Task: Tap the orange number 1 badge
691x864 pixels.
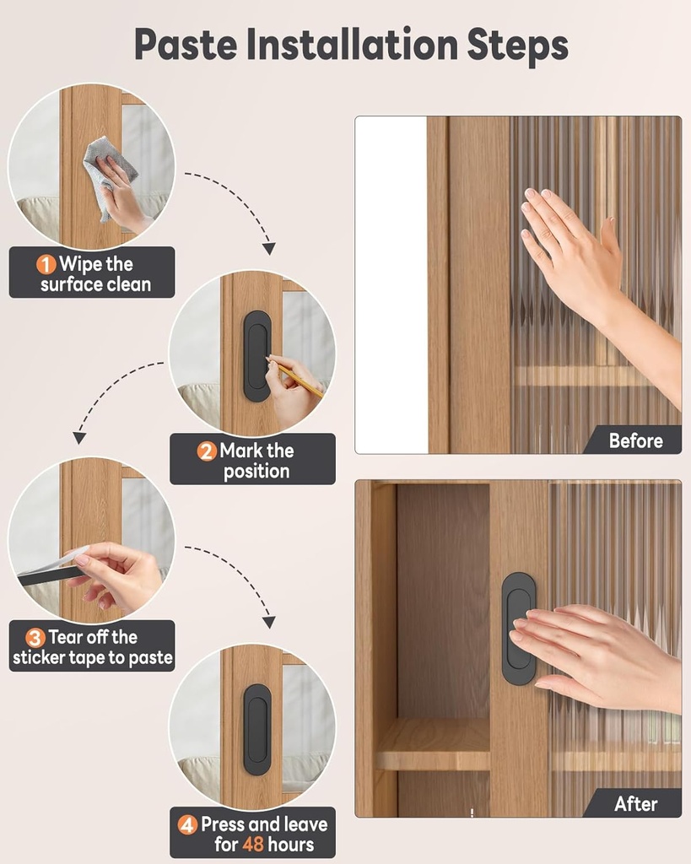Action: pos(46,264)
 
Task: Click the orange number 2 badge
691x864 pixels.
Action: pos(207,451)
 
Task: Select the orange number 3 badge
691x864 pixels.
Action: pos(35,638)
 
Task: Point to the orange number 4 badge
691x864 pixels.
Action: pos(187,824)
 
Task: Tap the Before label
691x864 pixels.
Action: pos(635,440)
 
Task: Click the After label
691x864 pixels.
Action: pos(635,804)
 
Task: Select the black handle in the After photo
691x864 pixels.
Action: pos(519,629)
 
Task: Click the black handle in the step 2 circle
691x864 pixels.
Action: pos(257,356)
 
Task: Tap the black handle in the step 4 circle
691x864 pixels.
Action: pos(257,729)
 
